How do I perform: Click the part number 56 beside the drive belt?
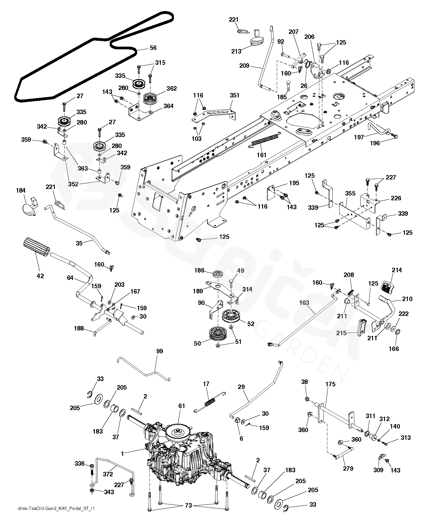pos(153,48)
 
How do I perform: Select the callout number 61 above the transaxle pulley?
pos(182,406)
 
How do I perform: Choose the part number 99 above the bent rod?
pos(160,352)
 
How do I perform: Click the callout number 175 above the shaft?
pos(330,384)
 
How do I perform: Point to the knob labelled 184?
pos(29,206)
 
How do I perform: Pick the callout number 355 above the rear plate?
pos(350,194)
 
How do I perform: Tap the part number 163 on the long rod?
pos(304,303)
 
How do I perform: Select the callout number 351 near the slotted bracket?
pos(234,95)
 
